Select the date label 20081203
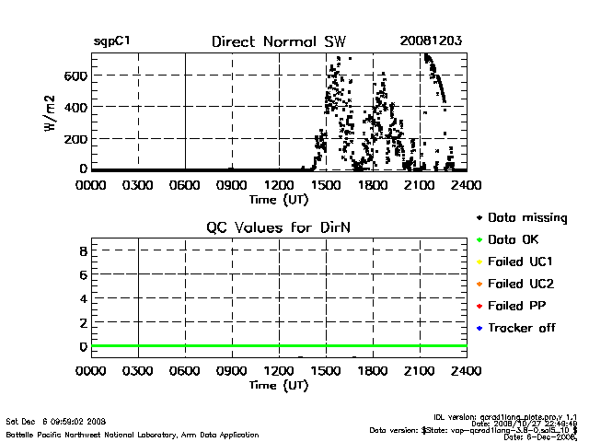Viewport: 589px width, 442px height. (431, 41)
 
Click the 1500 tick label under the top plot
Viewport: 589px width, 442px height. (326, 185)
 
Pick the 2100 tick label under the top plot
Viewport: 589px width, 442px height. (420, 185)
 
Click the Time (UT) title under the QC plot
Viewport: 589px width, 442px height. (279, 385)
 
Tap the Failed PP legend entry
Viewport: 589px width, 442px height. (517, 306)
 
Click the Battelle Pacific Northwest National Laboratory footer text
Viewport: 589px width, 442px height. (133, 434)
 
